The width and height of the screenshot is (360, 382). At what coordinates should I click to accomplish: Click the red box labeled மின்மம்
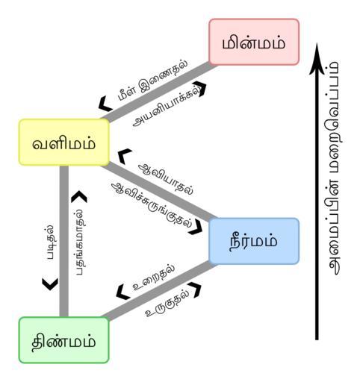click(254, 42)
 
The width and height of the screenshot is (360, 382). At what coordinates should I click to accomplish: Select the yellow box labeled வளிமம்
click(64, 143)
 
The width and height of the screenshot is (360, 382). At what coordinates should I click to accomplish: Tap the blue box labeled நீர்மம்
click(254, 241)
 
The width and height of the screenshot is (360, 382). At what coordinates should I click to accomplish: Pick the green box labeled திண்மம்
click(64, 340)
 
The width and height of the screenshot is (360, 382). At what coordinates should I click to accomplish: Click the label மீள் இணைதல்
click(152, 80)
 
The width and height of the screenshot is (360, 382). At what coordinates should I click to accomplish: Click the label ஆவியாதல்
click(167, 179)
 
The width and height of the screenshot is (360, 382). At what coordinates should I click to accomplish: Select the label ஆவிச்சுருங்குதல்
click(152, 205)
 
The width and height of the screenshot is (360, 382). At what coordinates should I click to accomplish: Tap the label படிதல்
click(51, 242)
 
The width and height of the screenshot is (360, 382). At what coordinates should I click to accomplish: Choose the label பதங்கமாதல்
click(81, 241)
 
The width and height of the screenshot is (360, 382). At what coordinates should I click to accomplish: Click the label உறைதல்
click(154, 277)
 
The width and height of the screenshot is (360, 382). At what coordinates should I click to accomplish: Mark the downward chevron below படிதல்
click(50, 284)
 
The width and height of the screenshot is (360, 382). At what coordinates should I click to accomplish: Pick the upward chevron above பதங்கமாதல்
click(79, 196)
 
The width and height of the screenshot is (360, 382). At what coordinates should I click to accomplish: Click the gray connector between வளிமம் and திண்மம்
click(64, 241)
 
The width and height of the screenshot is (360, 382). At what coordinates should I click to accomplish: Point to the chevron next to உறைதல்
click(122, 292)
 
